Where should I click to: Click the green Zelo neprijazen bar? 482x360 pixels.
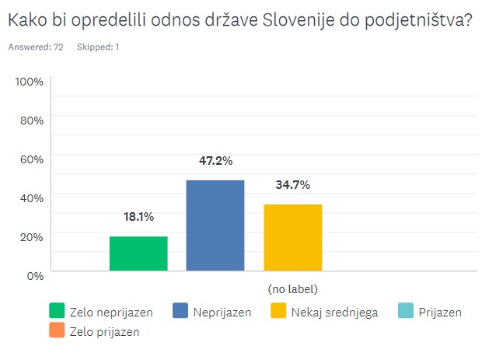click(138, 253)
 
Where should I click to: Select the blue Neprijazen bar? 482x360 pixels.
click(215, 225)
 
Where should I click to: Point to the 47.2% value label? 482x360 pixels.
click(215, 161)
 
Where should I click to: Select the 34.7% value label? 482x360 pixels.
click(292, 185)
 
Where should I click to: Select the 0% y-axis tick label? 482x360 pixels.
click(34, 274)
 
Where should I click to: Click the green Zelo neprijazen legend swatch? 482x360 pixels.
click(57, 312)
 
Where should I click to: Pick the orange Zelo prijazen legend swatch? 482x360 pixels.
click(57, 331)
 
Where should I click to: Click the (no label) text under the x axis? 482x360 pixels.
click(292, 288)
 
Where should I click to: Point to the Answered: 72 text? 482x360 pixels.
click(36, 47)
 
